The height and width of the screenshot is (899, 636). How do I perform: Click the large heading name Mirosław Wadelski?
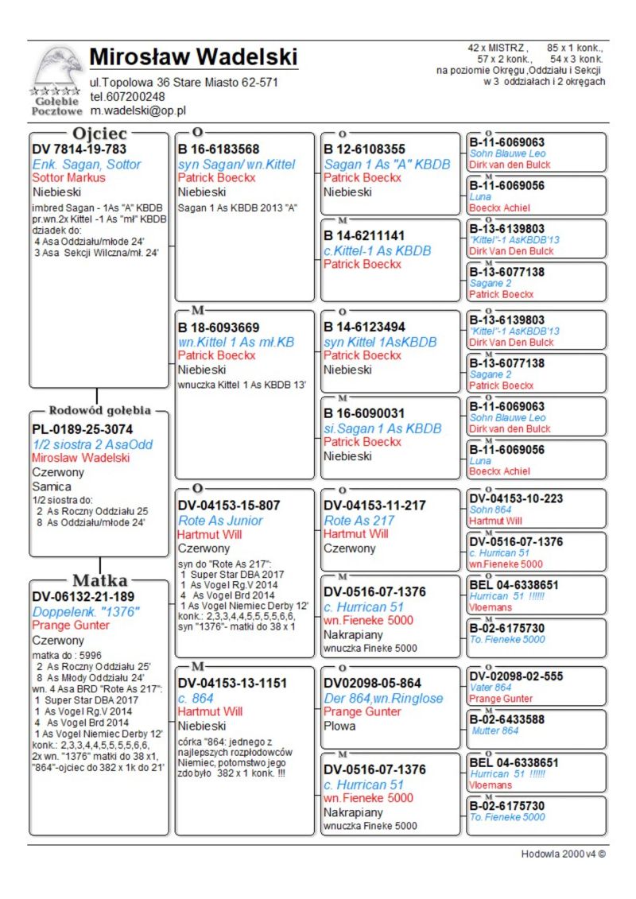193,57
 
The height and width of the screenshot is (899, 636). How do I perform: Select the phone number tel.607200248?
127,96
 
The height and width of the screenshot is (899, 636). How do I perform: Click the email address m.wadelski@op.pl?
138,111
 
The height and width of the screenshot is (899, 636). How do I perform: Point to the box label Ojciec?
99,134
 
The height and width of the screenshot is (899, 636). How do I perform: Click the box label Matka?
99,579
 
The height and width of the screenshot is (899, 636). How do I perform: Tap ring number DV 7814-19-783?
79,149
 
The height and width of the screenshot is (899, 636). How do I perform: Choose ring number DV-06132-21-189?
83,596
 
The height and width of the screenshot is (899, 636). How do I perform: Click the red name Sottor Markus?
68,177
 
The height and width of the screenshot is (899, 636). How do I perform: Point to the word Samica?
52,486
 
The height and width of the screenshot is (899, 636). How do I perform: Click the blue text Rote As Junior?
220,521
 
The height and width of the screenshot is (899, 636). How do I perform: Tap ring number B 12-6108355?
364,149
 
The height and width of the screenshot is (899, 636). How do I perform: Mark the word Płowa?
340,726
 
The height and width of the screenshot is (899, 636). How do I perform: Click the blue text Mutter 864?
495,730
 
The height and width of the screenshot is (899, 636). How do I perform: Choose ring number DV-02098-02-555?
516,676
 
